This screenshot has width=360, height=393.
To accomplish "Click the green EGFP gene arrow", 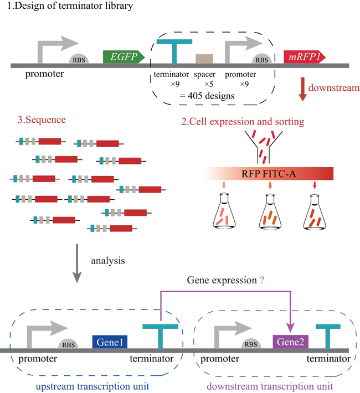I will (x=124, y=56).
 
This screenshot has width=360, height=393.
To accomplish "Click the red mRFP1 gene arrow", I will (x=304, y=56).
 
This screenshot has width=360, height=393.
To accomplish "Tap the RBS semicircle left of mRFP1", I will (x=261, y=60).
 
